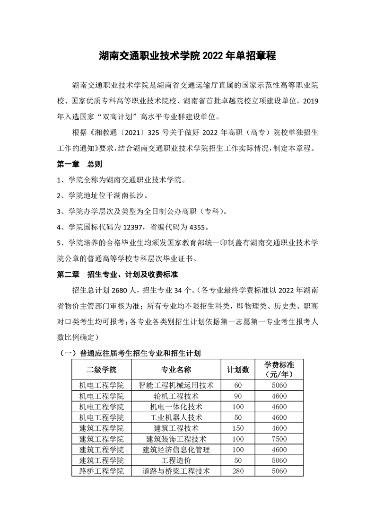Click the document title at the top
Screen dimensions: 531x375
pos(187,55)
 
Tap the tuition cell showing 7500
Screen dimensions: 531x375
pos(279,439)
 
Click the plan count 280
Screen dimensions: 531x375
pos(238,471)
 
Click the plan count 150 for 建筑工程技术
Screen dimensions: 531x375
pos(238,428)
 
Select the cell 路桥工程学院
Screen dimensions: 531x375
pos(102,471)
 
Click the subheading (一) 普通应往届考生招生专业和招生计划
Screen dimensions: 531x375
pos(130,353)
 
